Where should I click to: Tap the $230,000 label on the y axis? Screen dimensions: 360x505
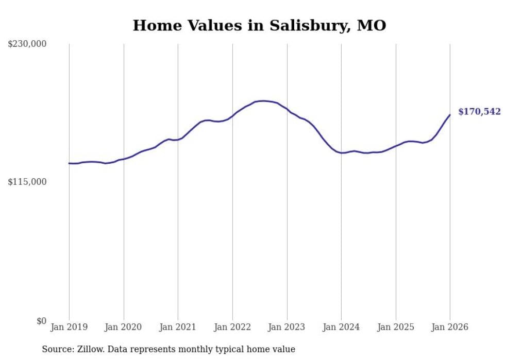[x=27, y=44]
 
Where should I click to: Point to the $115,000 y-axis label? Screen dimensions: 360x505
[x=27, y=182]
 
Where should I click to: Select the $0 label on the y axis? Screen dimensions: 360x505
[x=41, y=321]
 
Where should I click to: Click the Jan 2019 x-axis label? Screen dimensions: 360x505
[x=69, y=327]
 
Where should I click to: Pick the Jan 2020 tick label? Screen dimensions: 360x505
[x=124, y=327]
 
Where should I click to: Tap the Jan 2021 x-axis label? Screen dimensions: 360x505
[x=178, y=327]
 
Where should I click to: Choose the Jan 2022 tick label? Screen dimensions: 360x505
[x=232, y=327]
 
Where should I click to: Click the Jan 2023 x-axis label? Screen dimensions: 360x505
[x=287, y=327]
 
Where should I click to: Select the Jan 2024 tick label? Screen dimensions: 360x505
[x=341, y=327]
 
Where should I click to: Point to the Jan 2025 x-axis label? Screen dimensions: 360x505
[x=396, y=327]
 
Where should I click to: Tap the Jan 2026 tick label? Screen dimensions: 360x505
[x=450, y=327]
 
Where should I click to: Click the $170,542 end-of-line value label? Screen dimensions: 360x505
[x=479, y=112]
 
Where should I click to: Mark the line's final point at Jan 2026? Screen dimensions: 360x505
[x=450, y=115]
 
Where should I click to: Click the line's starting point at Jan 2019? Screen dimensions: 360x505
[x=69, y=163]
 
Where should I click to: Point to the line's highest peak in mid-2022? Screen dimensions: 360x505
[x=263, y=101]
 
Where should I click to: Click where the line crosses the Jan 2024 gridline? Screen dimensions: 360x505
[x=341, y=153]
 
